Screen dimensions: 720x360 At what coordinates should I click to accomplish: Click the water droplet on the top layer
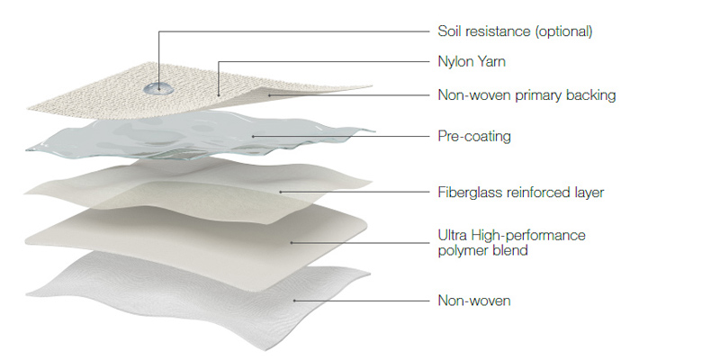[158, 88]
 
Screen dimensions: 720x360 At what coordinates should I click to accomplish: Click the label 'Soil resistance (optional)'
[515, 31]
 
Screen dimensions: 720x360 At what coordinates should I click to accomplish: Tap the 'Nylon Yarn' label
[472, 61]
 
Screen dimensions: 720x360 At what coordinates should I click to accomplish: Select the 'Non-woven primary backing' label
[526, 95]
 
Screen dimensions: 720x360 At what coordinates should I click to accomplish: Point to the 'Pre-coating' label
[474, 137]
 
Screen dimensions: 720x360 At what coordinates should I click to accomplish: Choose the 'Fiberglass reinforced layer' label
[521, 192]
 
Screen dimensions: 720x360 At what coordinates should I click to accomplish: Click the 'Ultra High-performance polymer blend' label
[511, 243]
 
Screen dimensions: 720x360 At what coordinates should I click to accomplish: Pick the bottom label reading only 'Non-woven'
[474, 301]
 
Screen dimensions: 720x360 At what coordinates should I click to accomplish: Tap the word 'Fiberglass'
[470, 192]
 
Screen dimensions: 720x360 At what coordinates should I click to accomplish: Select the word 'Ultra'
[452, 236]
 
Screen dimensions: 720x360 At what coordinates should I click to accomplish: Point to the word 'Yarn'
[490, 61]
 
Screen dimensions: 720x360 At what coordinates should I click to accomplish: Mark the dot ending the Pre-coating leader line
[253, 137]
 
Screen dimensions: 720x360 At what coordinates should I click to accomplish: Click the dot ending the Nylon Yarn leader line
[218, 95]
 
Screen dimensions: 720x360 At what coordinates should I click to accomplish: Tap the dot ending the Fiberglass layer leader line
[281, 192]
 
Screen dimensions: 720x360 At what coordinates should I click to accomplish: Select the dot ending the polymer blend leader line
[292, 243]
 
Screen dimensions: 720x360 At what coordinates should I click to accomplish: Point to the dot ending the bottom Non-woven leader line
[294, 301]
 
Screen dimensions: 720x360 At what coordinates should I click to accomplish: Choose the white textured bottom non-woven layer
[197, 294]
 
